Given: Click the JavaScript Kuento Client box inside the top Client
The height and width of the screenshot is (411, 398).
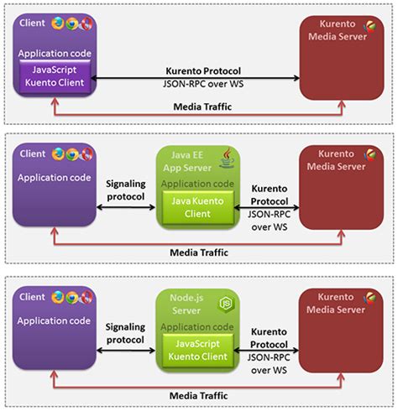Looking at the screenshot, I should coord(55,76).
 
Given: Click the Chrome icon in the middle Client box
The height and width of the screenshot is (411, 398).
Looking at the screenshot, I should coord(72,154).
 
